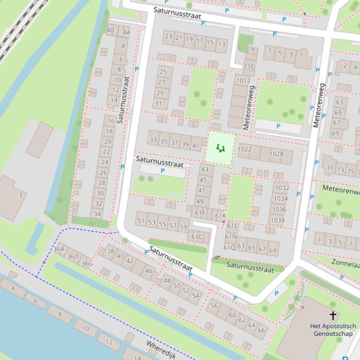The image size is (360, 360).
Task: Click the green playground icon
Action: point(220,149)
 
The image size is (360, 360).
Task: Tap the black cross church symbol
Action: point(333,316)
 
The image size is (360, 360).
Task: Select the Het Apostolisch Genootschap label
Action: point(333,330)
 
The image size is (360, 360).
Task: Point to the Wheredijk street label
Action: point(161,349)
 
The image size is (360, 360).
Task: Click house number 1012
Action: point(243,80)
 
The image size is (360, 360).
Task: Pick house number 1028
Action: point(276,154)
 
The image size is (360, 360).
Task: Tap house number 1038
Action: point(278,220)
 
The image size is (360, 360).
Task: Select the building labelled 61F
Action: point(200,213)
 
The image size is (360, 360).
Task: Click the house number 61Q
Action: point(229,247)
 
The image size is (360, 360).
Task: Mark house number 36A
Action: point(59,249)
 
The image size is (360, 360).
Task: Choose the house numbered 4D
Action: point(110,30)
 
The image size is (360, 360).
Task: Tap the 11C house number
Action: point(249,67)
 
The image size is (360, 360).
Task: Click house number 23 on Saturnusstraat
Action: point(169,36)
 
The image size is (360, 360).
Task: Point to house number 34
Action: point(97,214)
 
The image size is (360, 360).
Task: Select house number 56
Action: point(214,305)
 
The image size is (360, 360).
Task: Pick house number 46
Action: point(149,270)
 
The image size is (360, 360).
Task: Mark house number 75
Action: point(350,171)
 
